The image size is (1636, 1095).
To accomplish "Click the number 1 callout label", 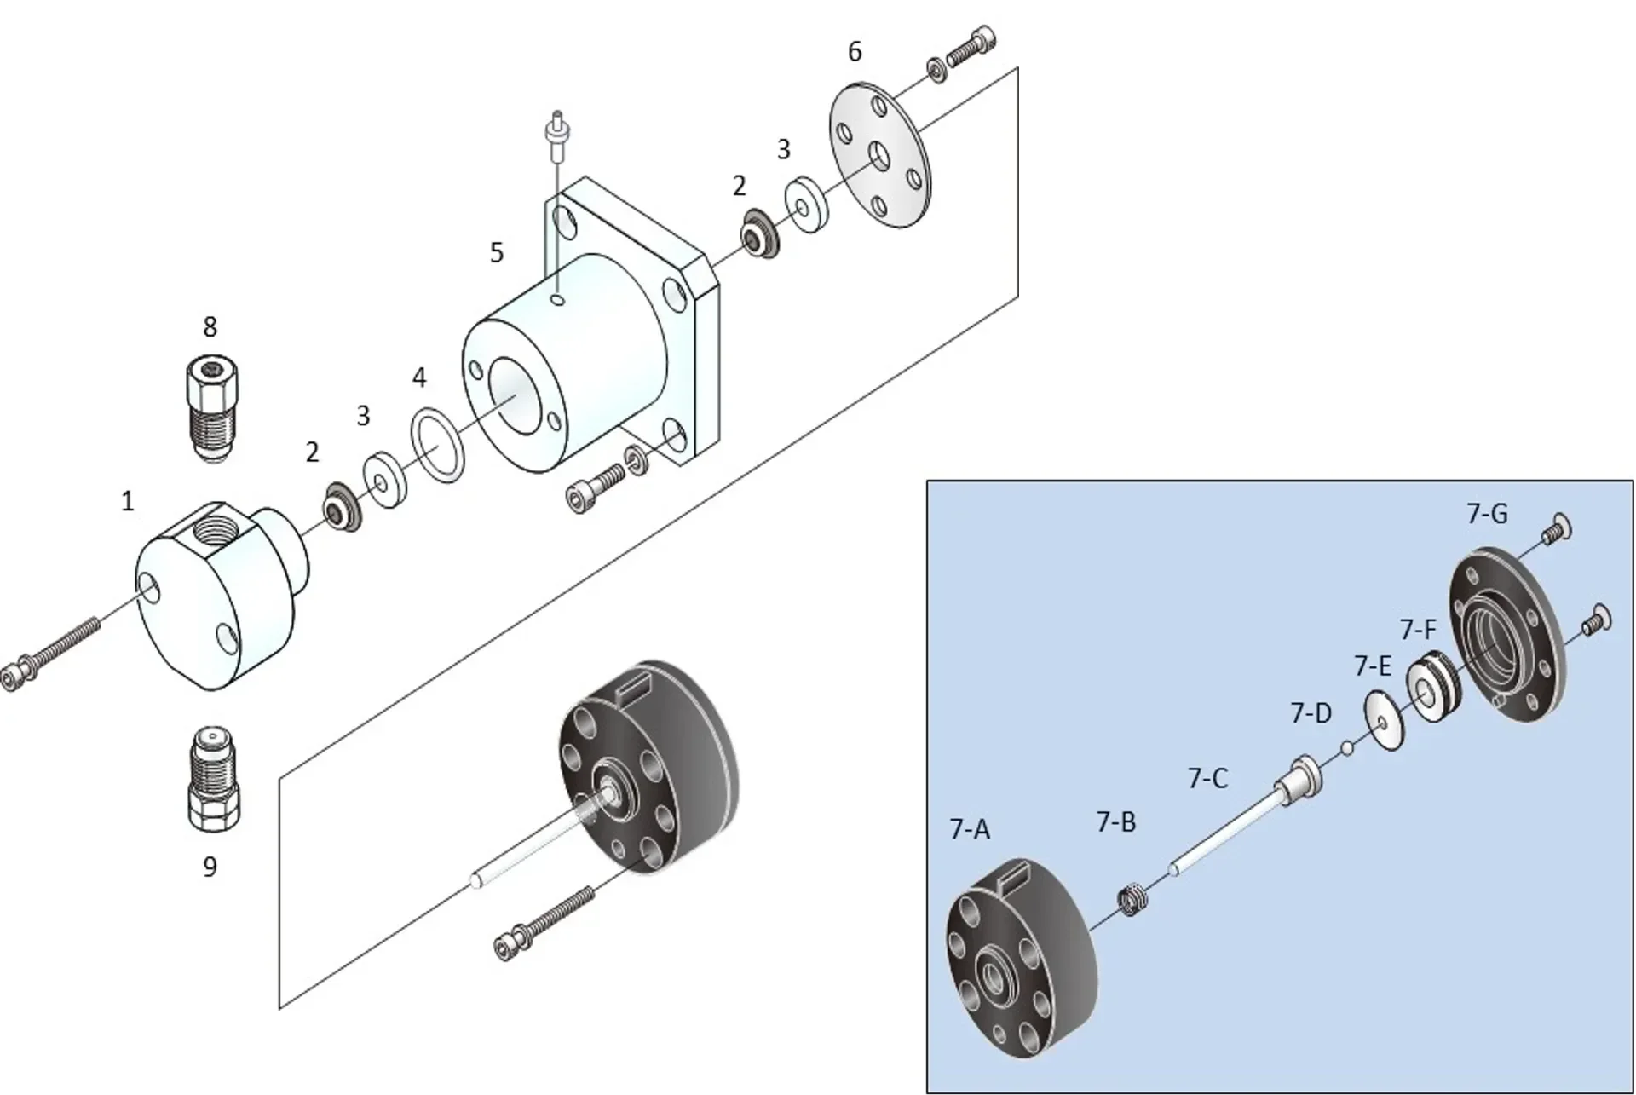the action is tap(128, 501).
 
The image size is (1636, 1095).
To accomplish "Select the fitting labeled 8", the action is tap(210, 408).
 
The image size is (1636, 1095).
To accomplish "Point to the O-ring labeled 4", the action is tap(439, 445).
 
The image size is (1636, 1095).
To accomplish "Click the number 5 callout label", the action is tap(497, 253).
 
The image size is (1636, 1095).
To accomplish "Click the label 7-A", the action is tap(970, 828).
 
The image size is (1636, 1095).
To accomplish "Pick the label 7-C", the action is tap(1207, 778).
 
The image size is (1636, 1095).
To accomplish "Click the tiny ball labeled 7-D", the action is tap(1346, 749).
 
